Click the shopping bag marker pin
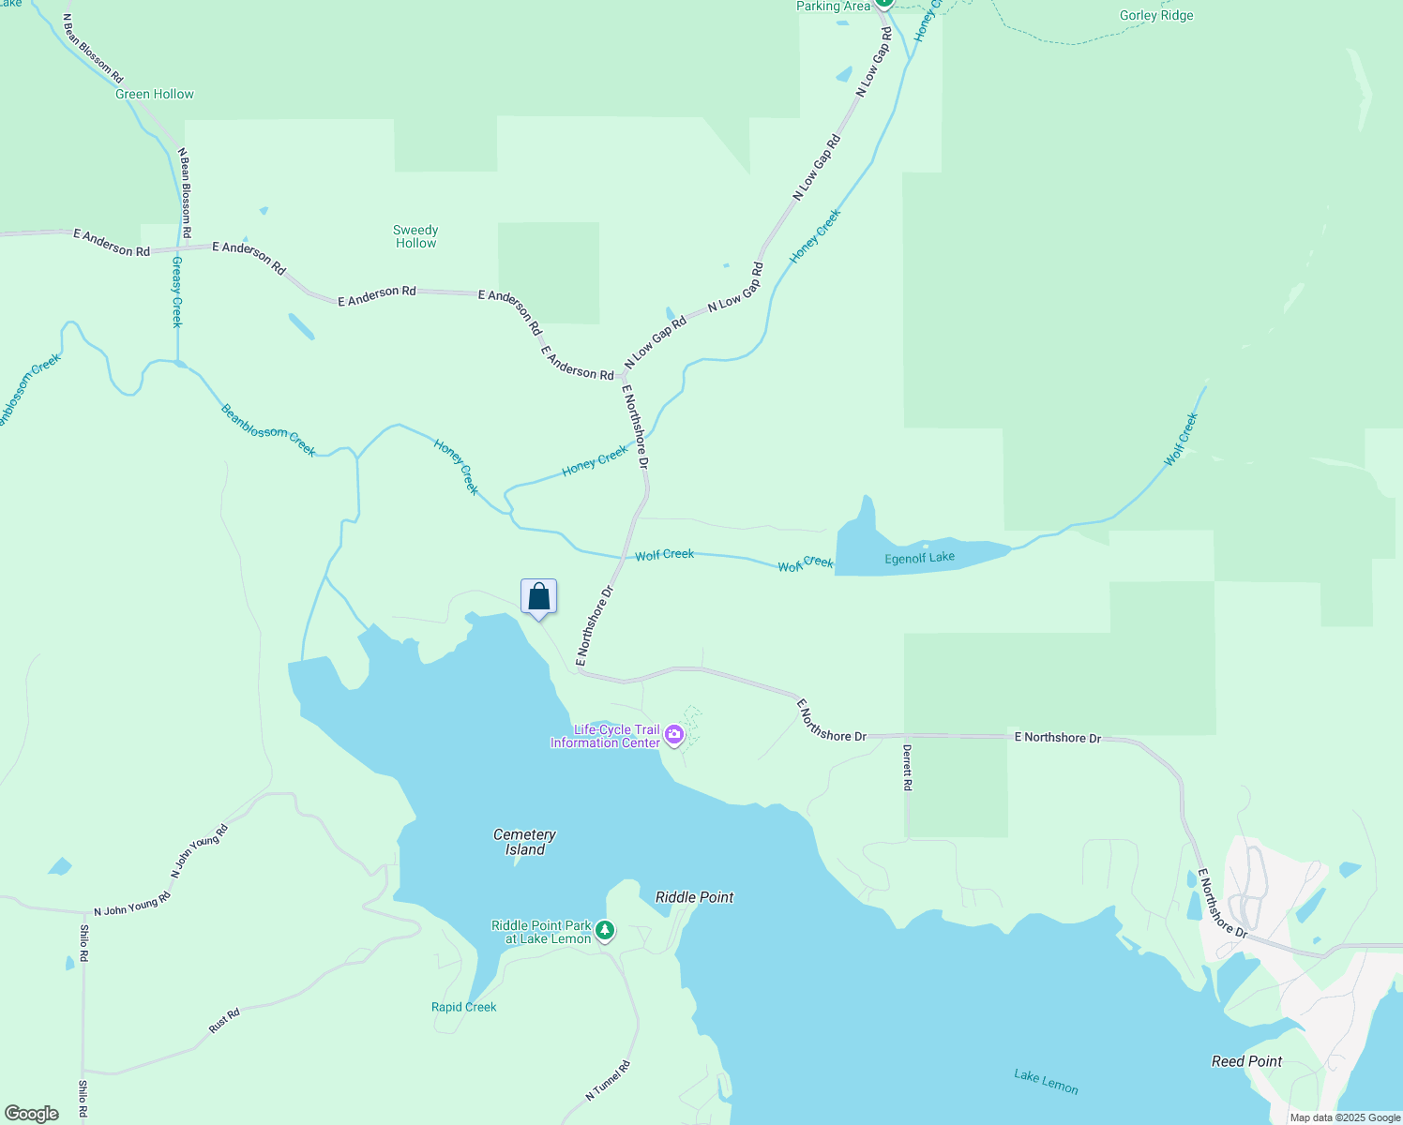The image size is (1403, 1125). [x=538, y=597]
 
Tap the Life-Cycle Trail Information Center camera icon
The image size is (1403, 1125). [x=673, y=737]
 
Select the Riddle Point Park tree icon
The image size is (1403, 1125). [x=606, y=931]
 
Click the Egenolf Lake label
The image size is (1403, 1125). [x=919, y=558]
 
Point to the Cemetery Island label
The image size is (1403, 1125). [x=524, y=842]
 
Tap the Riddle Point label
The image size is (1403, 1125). [x=694, y=897]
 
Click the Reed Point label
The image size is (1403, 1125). [x=1246, y=1061]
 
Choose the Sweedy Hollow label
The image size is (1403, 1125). [x=415, y=236]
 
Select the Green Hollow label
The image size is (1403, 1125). [x=155, y=94]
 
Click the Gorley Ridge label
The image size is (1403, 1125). [x=1156, y=15]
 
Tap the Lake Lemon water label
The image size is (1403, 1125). [x=1046, y=1081]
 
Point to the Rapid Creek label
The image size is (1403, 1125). [x=463, y=1007]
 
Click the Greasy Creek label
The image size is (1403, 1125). [x=176, y=292]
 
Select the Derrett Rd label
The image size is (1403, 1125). [x=907, y=768]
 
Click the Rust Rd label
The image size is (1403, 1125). [x=224, y=1021]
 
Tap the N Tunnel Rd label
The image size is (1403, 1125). [x=608, y=1080]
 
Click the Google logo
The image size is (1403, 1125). [x=31, y=1114]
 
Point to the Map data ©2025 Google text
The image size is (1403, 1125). [x=1344, y=1117]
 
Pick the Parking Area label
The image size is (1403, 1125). [x=833, y=7]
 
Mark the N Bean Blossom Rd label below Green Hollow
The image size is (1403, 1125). [x=186, y=192]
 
